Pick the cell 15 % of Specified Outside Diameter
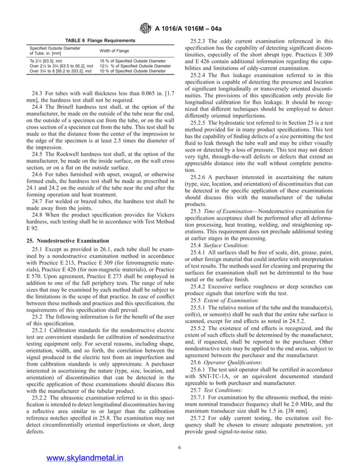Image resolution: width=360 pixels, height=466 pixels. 133,61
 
